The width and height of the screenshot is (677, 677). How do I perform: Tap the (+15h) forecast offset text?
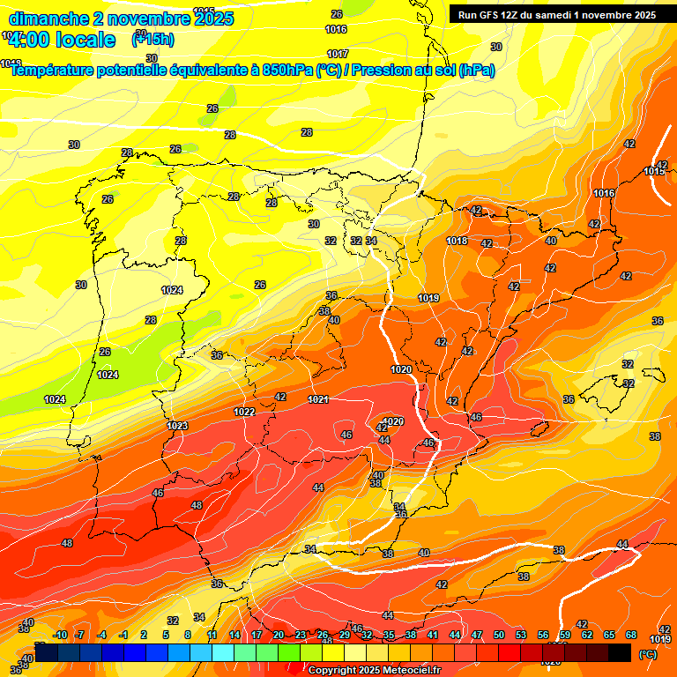[x=153, y=39]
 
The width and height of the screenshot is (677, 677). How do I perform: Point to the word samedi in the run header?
[x=557, y=15]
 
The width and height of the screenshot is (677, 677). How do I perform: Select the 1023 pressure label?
[x=177, y=426]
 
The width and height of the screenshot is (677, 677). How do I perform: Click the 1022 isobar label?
[x=244, y=412]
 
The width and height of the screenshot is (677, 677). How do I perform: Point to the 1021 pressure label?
[x=318, y=399]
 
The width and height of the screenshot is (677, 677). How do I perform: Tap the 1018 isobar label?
[x=457, y=241]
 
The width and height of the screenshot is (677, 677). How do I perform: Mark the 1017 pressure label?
[x=337, y=54]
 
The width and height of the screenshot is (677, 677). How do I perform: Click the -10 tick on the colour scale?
[x=60, y=635]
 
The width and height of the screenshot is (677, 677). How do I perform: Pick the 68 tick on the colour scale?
[x=631, y=635]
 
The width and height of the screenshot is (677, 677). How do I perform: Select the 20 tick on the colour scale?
[x=279, y=635]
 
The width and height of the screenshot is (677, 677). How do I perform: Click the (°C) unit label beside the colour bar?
[x=647, y=655]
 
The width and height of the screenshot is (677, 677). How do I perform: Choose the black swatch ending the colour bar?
[x=620, y=652]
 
